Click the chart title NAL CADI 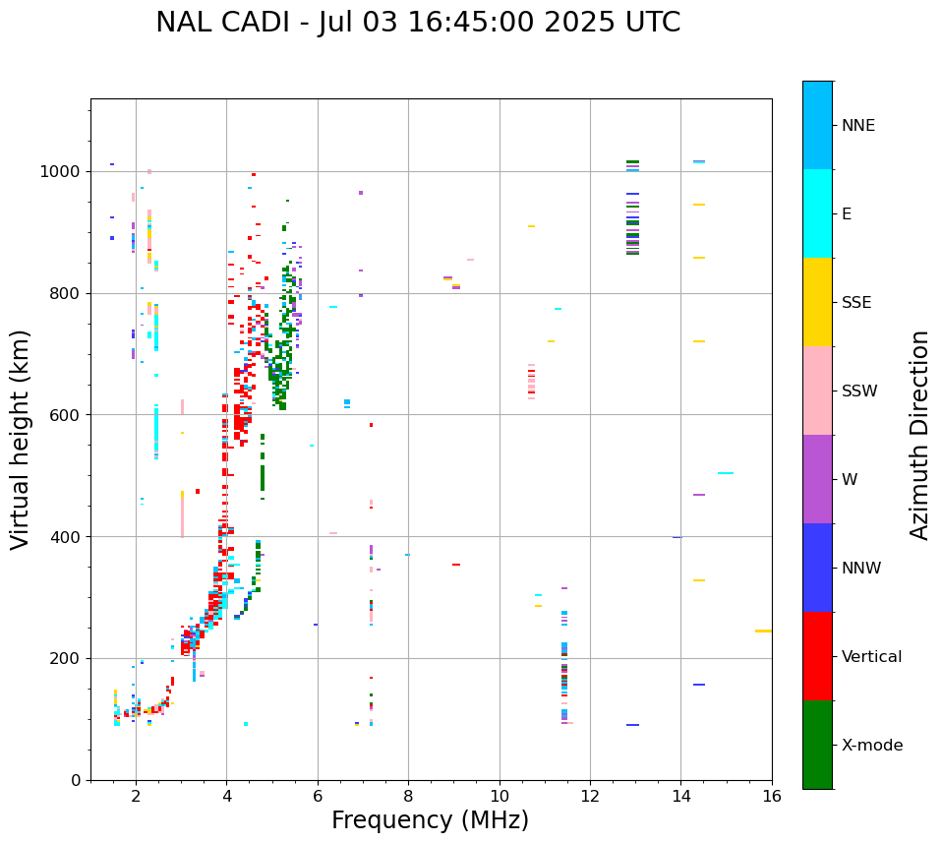418,23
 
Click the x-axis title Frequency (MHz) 430,820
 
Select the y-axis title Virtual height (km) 21,439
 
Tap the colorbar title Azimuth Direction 919,435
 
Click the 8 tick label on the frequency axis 408,796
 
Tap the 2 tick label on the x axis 136,796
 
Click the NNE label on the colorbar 857,126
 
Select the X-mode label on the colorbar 871,746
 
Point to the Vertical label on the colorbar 871,657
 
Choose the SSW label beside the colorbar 858,391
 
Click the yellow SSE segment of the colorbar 817,302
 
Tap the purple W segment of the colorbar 817,479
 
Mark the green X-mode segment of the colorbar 817,745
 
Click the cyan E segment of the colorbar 817,213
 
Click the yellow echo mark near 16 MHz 763,631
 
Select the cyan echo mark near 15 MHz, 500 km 726,473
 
